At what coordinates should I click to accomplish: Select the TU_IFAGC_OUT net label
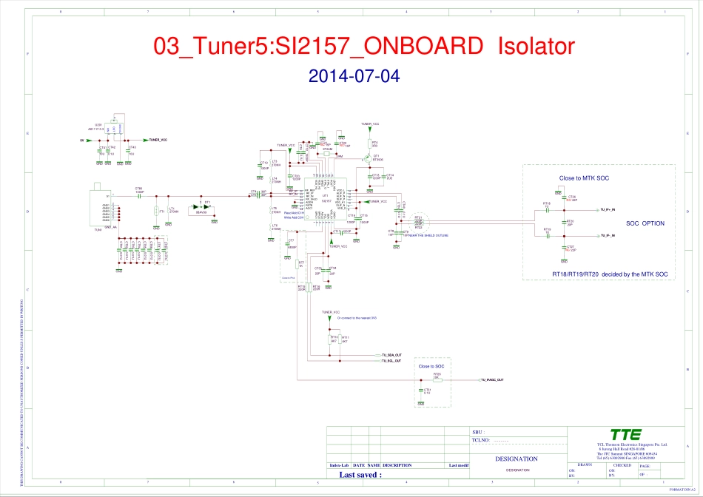point(493,379)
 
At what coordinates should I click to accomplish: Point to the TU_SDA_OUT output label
point(391,355)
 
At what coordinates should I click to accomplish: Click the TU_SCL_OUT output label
point(391,361)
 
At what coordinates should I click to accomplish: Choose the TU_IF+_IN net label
point(609,210)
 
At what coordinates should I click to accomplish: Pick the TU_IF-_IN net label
point(609,235)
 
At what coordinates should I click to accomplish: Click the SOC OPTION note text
point(645,223)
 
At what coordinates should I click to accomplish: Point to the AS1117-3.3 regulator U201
point(115,131)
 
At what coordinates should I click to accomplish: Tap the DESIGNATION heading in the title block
point(517,459)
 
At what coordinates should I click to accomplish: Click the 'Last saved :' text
point(360,475)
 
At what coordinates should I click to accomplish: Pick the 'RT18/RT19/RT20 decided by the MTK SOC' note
point(599,274)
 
